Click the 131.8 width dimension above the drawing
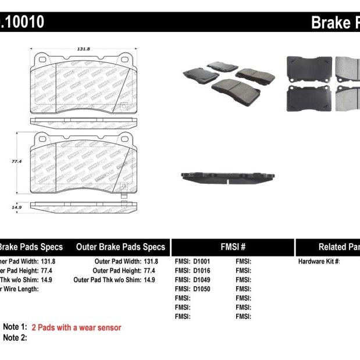tap(83, 49)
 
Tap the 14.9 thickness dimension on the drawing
tap(17, 206)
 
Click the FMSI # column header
tap(233, 247)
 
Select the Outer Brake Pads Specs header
tap(121, 247)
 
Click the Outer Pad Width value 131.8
tap(151, 262)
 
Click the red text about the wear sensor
tap(76, 327)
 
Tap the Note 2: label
tap(15, 338)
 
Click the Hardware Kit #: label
tap(319, 262)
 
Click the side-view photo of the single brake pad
tap(227, 176)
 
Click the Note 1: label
tap(15, 327)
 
